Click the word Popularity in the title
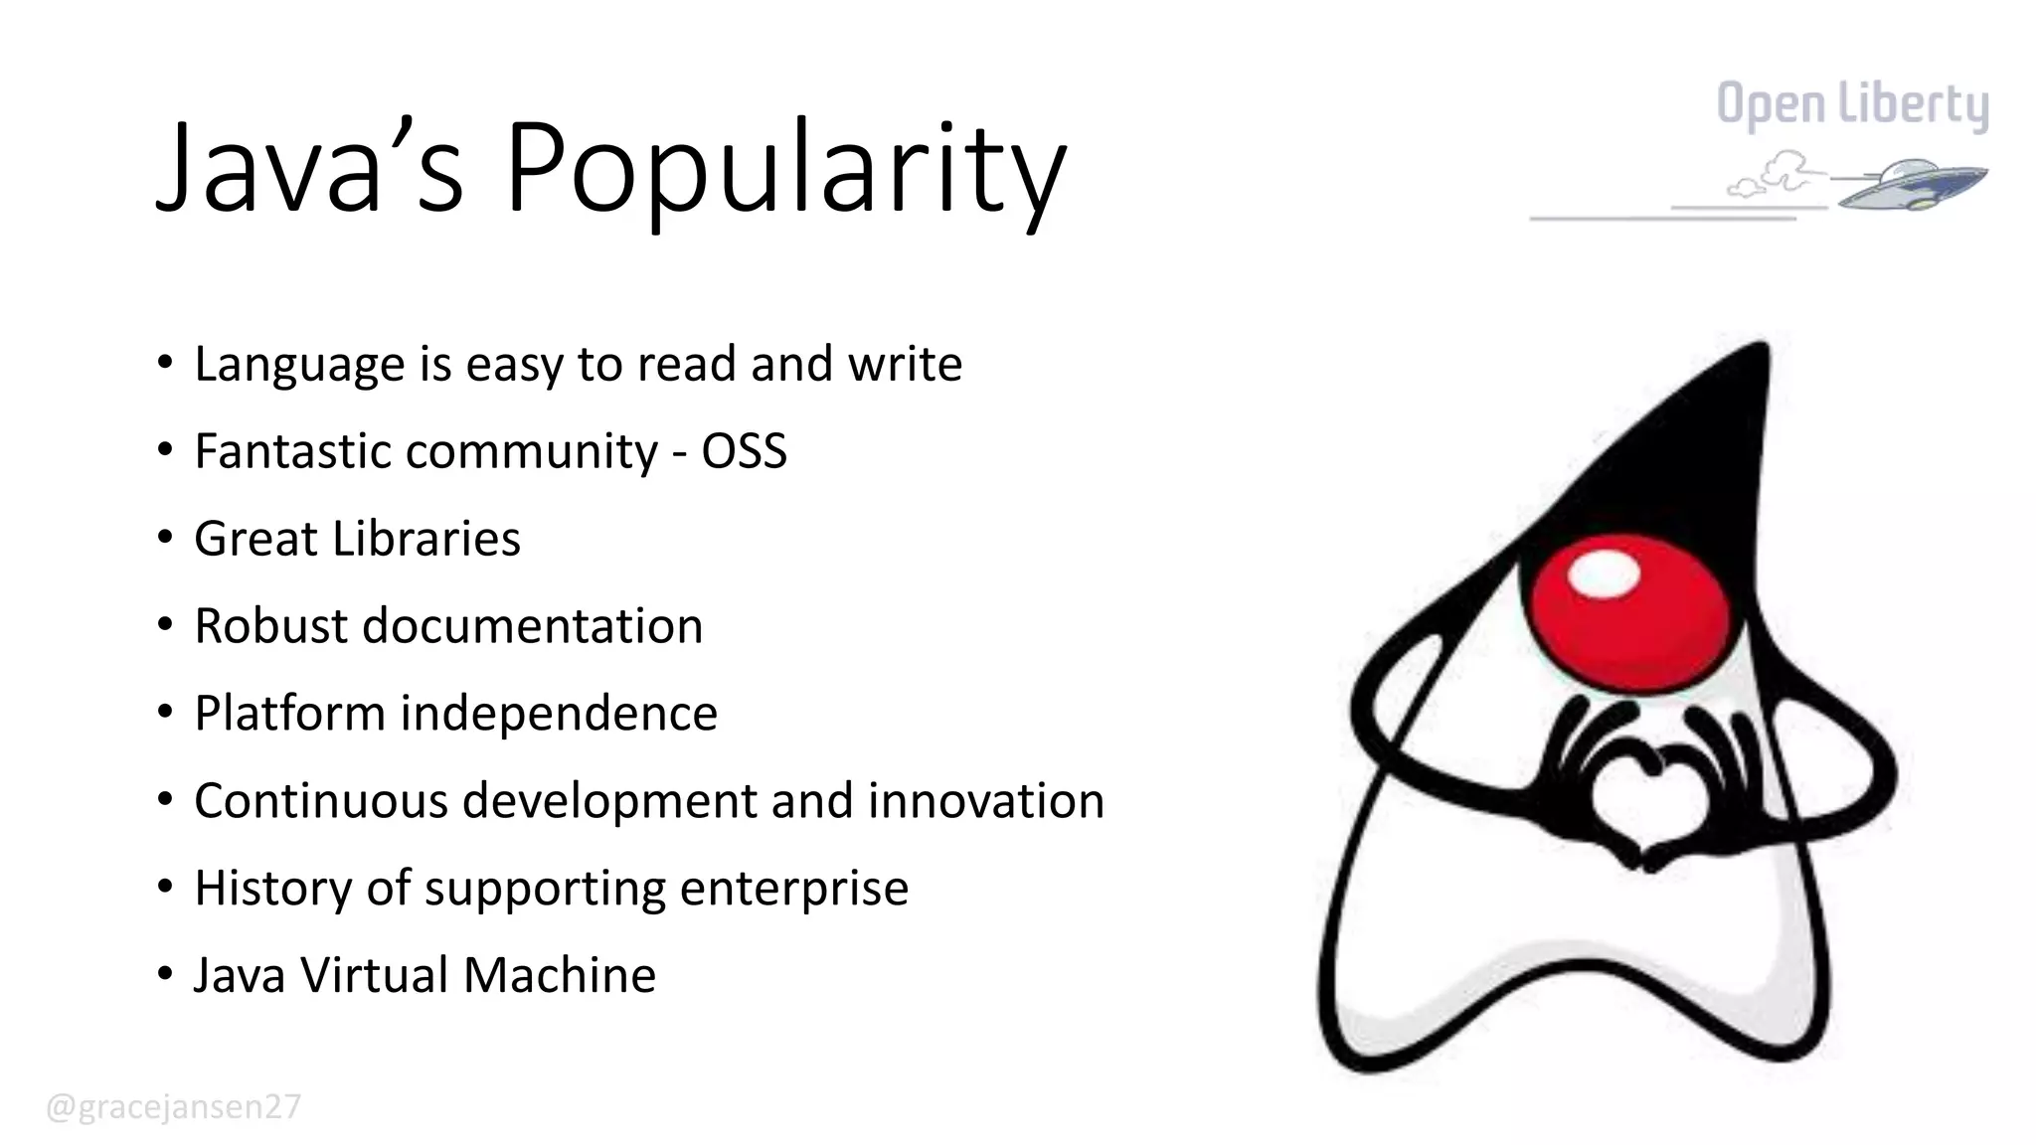coord(785,169)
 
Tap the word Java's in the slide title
coord(309,169)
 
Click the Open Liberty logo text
coord(1852,105)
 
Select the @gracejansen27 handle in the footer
coord(173,1107)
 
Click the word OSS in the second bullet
coord(744,451)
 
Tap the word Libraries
coord(426,539)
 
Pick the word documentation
coord(532,626)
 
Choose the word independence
coord(559,714)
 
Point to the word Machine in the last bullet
coord(560,975)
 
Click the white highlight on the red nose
coord(1603,573)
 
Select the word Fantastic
coord(293,451)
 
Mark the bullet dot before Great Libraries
coord(164,538)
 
